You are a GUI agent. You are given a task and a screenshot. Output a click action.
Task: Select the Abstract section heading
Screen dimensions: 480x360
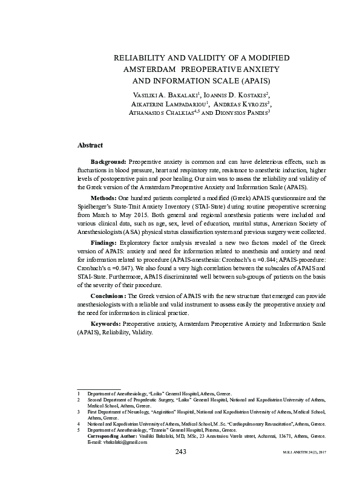pyautogui.click(x=90, y=146)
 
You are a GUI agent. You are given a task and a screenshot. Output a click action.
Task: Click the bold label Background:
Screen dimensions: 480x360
pyautogui.click(x=108, y=162)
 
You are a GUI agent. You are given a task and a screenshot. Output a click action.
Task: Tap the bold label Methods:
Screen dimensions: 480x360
pyautogui.click(x=104, y=198)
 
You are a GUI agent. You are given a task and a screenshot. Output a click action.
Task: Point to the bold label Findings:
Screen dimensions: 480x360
pyautogui.click(x=105, y=242)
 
